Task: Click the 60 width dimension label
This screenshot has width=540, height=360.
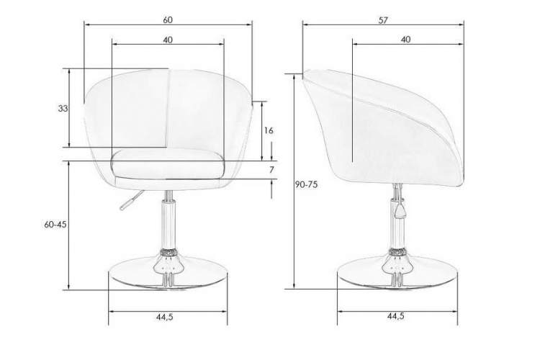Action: tap(168, 20)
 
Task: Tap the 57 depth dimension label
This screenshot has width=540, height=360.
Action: tap(383, 20)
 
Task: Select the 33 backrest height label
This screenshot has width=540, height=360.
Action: tap(63, 109)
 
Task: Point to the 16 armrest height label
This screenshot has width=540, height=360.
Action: tap(269, 130)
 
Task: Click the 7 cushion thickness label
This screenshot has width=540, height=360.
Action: tap(271, 170)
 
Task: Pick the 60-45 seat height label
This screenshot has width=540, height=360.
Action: tap(55, 225)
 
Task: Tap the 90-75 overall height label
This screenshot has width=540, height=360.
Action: tap(306, 184)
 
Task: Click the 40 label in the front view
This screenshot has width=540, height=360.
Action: tap(168, 40)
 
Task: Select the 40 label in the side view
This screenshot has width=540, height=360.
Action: tap(405, 40)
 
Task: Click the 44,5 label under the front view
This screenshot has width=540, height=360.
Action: tap(165, 318)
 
